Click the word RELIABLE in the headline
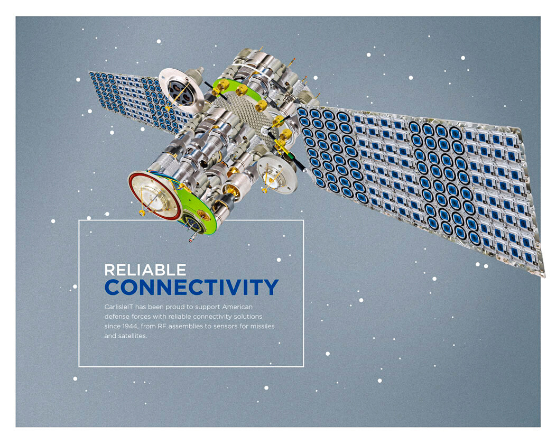(x=145, y=270)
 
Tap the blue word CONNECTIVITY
(x=191, y=287)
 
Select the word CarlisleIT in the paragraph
(x=118, y=307)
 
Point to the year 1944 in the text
(x=130, y=326)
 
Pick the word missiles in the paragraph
(x=262, y=326)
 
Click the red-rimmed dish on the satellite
(x=155, y=196)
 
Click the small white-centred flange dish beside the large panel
(x=276, y=175)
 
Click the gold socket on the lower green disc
(x=203, y=214)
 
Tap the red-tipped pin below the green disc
(x=191, y=239)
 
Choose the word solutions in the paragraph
(x=248, y=316)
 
